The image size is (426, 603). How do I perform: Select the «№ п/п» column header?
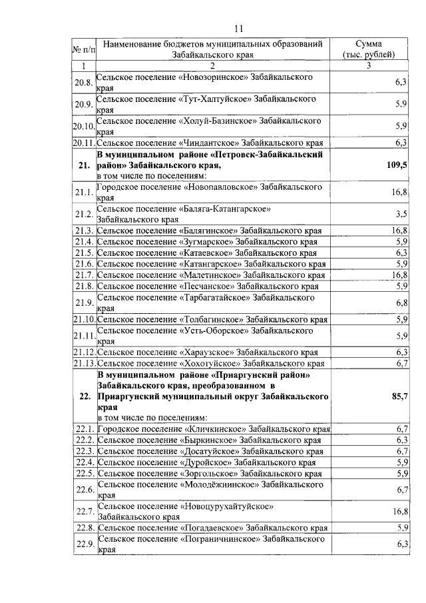coord(83,48)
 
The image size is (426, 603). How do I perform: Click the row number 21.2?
coord(83,215)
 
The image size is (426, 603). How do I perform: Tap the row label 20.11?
coord(83,143)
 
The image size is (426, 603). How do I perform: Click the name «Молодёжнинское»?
coord(218,484)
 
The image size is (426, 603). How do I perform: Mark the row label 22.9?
coord(83,544)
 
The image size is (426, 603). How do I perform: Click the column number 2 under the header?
coord(212,66)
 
